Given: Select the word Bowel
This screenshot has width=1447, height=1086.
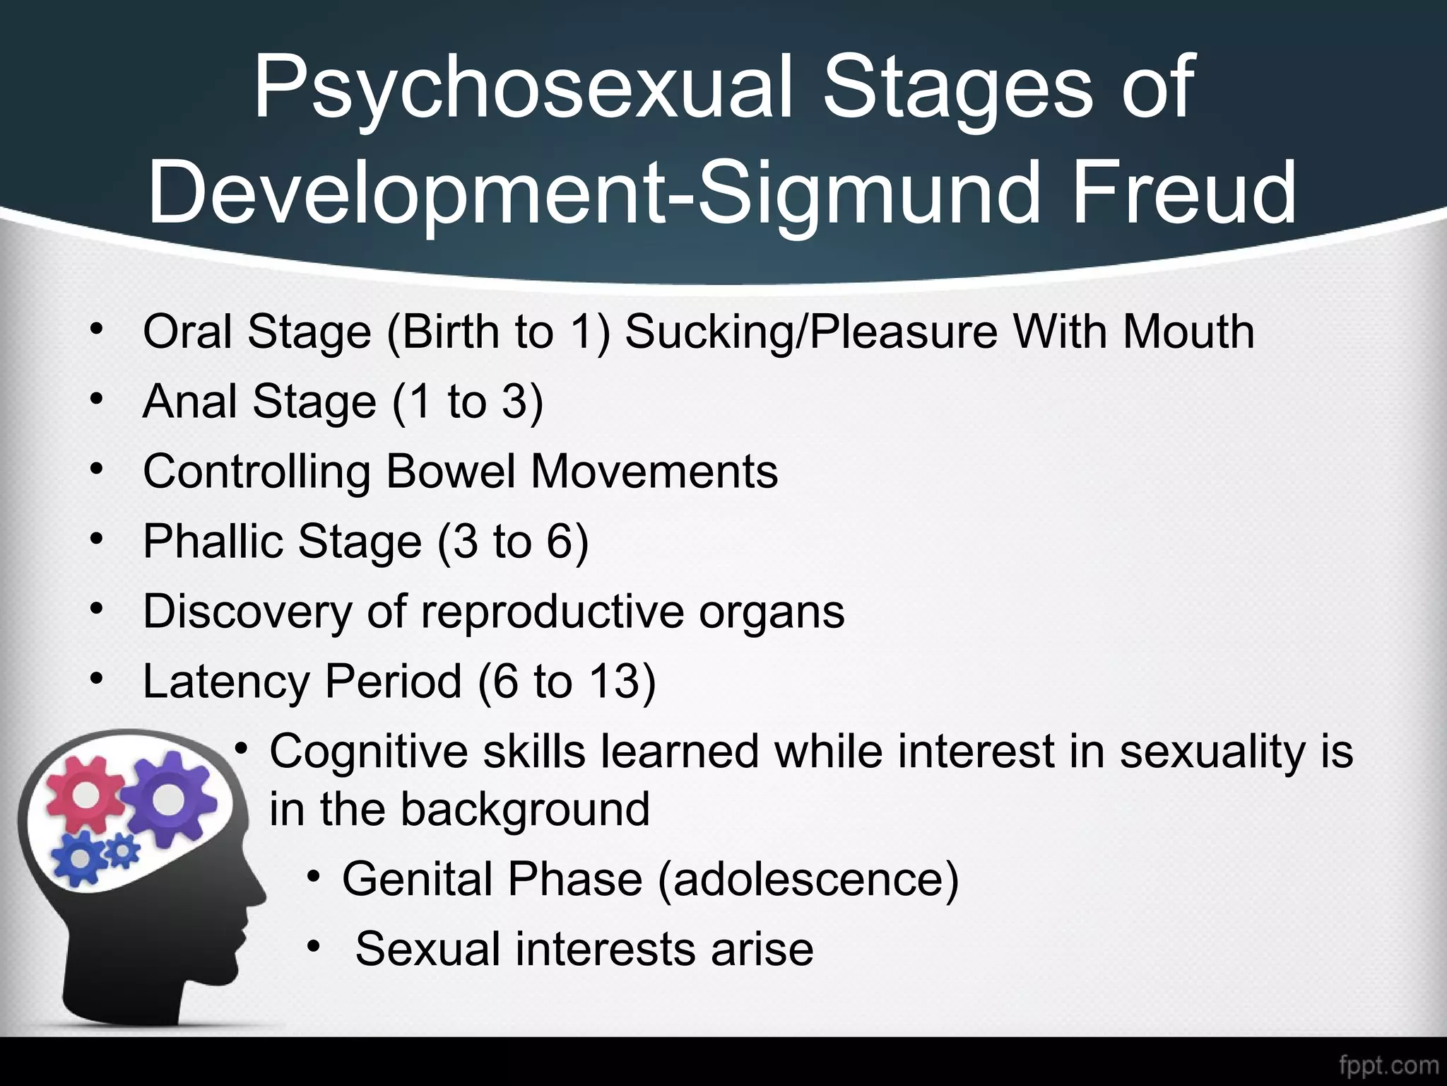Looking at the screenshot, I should point(451,472).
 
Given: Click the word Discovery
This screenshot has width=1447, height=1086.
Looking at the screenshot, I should point(247,612).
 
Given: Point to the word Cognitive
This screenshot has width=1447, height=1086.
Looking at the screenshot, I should point(368,751).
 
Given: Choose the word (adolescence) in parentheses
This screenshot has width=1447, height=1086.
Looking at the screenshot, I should point(808,879).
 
